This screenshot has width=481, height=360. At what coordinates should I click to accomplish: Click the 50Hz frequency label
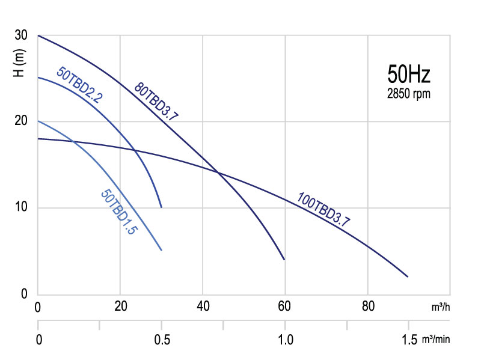click(409, 76)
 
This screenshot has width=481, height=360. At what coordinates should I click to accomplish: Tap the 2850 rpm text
click(409, 94)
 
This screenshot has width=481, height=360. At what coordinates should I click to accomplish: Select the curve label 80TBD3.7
click(156, 100)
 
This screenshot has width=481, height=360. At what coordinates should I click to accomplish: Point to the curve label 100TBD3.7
click(324, 210)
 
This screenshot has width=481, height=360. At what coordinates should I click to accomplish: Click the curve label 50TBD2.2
click(79, 85)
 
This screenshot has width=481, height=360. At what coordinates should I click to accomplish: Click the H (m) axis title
click(19, 64)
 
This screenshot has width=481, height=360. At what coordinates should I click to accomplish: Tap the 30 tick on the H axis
click(20, 35)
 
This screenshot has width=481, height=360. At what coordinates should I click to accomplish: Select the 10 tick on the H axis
click(20, 208)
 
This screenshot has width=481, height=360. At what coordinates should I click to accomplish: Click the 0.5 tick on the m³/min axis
click(161, 340)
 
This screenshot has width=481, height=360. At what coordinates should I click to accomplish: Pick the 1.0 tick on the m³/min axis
click(285, 340)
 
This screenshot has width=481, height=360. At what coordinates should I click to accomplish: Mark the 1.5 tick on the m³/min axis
click(408, 340)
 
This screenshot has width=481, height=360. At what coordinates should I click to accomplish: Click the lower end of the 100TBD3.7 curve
click(408, 276)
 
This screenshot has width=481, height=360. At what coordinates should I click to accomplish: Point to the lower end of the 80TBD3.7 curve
click(284, 259)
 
